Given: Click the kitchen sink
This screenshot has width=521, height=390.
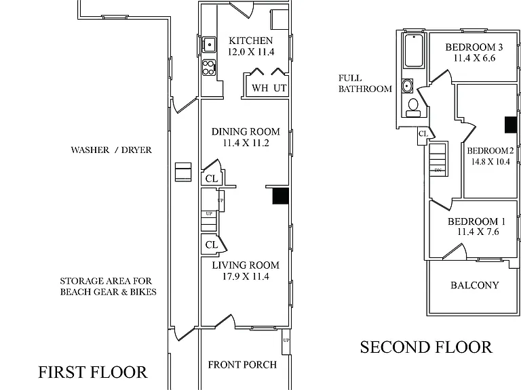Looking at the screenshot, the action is click(x=209, y=45).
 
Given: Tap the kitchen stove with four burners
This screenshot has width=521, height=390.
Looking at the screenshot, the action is click(x=209, y=68).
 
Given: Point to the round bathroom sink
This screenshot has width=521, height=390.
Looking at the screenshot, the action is click(x=407, y=86).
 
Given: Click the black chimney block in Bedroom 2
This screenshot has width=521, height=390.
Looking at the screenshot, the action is click(x=511, y=125).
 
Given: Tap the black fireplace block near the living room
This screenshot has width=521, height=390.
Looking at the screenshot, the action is click(x=280, y=196).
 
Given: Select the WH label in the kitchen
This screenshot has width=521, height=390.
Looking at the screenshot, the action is click(x=260, y=88).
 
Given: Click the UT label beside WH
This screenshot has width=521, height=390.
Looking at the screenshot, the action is click(x=279, y=88).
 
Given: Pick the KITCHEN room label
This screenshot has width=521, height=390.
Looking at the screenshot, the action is click(x=251, y=41).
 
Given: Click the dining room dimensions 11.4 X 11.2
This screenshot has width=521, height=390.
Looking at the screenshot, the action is click(x=246, y=143).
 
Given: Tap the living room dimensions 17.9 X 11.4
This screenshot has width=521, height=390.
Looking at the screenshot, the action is click(x=246, y=276).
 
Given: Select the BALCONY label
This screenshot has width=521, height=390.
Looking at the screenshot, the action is click(x=475, y=285).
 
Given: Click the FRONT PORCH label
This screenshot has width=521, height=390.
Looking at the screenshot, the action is click(x=242, y=365).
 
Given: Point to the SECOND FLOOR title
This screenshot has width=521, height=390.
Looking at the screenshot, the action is click(x=426, y=347).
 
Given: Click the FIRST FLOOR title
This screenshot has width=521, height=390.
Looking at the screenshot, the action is click(x=92, y=372).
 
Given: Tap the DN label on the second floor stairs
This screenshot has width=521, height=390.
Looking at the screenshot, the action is click(x=438, y=170).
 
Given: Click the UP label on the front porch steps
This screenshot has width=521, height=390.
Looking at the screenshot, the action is click(x=286, y=341).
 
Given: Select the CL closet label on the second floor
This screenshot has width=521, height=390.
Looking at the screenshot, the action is click(x=423, y=133).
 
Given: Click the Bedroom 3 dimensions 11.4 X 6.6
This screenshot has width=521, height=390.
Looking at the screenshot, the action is click(x=474, y=58).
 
